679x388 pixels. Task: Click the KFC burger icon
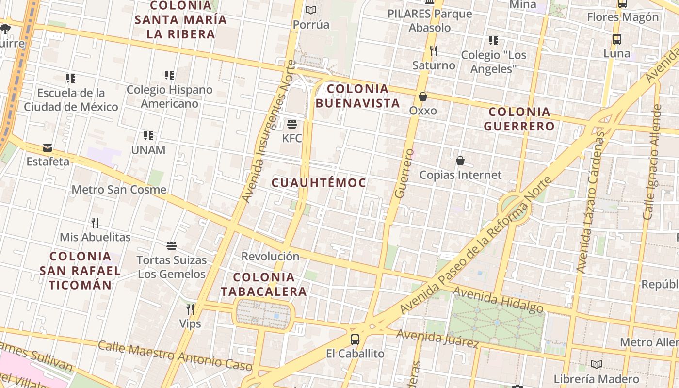click(x=292, y=124)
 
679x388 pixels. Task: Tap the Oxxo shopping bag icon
click(x=423, y=97)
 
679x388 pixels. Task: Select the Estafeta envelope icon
click(x=48, y=148)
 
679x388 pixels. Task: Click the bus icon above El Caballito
click(x=355, y=339)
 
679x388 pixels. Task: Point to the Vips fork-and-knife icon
click(x=190, y=309)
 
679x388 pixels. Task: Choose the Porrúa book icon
click(x=311, y=10)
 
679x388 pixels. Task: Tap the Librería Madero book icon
click(x=597, y=364)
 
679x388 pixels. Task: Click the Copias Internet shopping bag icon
click(x=460, y=160)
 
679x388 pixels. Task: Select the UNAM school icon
click(x=148, y=136)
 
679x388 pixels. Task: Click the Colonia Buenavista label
click(x=358, y=96)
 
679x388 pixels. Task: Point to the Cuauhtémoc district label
click(x=319, y=183)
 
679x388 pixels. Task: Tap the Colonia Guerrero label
click(x=519, y=119)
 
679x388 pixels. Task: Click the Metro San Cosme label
click(x=119, y=190)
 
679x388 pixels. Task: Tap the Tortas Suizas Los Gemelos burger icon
click(x=172, y=245)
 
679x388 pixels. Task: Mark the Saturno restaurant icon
click(x=434, y=51)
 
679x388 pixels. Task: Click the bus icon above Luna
click(x=617, y=39)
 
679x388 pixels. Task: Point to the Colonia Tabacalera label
click(x=264, y=284)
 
